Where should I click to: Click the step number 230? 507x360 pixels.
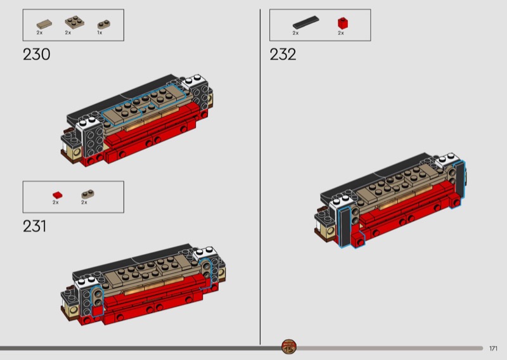pyautogui.click(x=37, y=55)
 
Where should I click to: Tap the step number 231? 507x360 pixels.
pyautogui.click(x=35, y=226)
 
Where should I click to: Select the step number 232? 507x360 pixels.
pyautogui.click(x=283, y=55)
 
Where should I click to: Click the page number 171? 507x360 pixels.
pyautogui.click(x=493, y=349)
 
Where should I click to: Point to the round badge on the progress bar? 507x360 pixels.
pyautogui.click(x=289, y=347)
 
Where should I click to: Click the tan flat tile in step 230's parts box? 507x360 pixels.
pyautogui.click(x=44, y=24)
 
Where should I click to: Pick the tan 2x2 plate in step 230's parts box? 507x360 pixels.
pyautogui.click(x=75, y=22)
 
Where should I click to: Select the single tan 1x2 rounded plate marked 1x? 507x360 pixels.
pyautogui.click(x=104, y=25)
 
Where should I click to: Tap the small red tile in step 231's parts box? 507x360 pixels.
pyautogui.click(x=58, y=195)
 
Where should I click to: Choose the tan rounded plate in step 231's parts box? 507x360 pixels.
pyautogui.click(x=87, y=194)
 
